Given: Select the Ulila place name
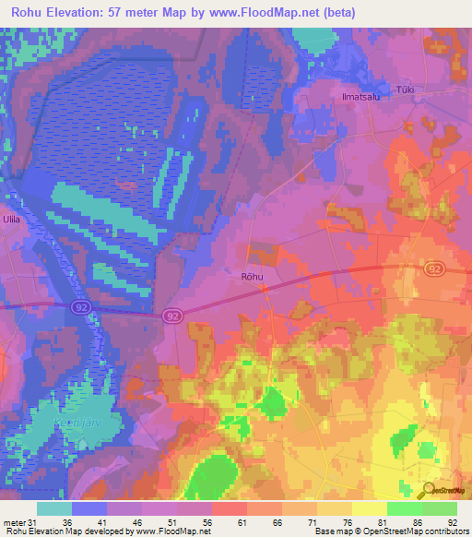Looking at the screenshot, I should (11, 220).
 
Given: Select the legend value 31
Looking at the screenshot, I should (36, 523).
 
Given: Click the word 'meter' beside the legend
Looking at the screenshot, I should (14, 523).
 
